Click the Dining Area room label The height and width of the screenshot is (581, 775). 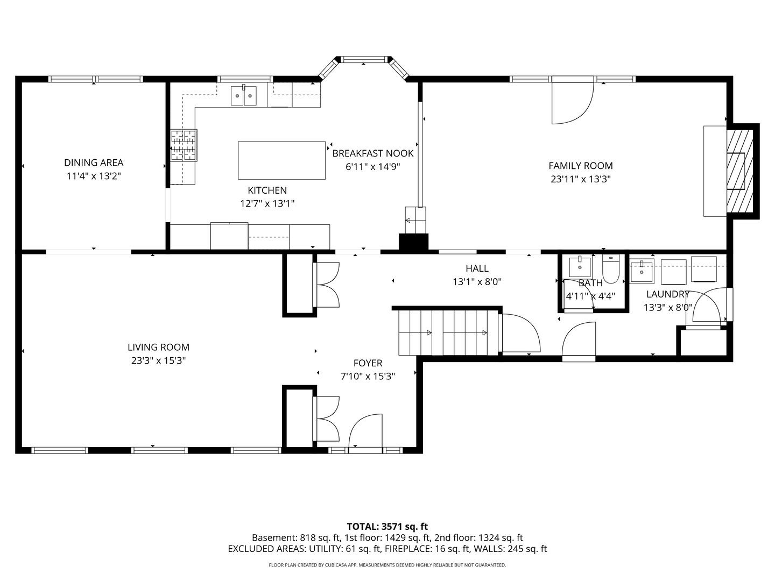click(94, 162)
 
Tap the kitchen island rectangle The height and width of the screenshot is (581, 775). click(281, 160)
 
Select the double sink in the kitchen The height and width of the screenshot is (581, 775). click(244, 95)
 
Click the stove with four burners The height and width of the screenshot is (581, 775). click(184, 145)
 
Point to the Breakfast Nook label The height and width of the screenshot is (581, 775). click(372, 153)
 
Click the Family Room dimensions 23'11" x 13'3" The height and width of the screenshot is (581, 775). click(580, 179)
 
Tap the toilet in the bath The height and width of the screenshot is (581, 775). click(611, 269)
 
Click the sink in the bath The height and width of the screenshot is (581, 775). click(580, 266)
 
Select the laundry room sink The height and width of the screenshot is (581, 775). click(642, 270)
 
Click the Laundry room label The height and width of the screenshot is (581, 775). click(667, 294)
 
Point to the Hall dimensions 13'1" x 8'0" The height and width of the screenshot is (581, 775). click(477, 281)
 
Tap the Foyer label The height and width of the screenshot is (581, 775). click(368, 363)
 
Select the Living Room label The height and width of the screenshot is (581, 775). click(158, 348)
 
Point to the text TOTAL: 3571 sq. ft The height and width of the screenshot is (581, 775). click(387, 526)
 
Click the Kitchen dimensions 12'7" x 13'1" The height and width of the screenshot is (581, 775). click(267, 203)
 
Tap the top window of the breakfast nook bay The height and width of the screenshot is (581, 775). click(364, 59)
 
